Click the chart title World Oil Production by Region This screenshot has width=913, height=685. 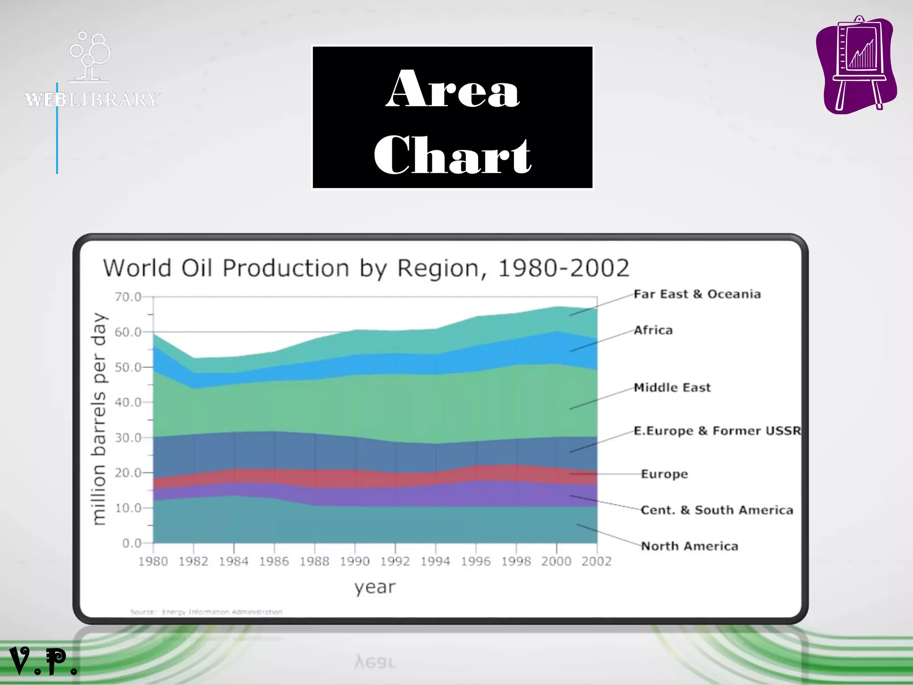coord(366,268)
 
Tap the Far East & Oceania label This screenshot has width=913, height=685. coord(697,294)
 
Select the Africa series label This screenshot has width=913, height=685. coord(653,330)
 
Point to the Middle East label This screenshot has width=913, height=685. coord(672,388)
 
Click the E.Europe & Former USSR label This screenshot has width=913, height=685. coord(717,431)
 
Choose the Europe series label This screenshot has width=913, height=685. coord(664,474)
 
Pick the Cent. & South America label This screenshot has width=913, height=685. coord(717,510)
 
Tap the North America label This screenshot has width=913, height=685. coord(690,546)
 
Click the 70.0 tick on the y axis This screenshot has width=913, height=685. coord(128,297)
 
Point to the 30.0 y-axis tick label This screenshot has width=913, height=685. coord(128,438)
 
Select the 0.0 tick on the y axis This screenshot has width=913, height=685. coord(132,544)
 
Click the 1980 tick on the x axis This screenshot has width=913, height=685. coord(153,561)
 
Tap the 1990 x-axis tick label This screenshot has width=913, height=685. coord(355,561)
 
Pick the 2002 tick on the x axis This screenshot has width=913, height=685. coord(596,561)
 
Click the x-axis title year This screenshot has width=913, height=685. coord(375,587)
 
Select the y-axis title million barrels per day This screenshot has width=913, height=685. coord(99,419)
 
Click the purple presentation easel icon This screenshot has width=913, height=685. coord(856,65)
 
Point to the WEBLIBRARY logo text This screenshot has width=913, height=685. coord(92,99)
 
